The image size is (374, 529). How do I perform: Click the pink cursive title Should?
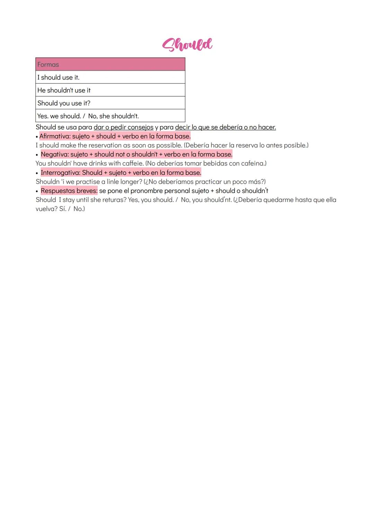coord(187,44)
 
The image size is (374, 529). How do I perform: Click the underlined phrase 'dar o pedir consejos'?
coord(123,127)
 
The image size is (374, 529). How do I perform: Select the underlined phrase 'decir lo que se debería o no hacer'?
coord(225,127)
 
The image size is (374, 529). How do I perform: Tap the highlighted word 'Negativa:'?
coord(55,154)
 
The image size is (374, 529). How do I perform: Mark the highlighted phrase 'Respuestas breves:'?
coord(69,191)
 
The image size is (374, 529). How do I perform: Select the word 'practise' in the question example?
coord(88,182)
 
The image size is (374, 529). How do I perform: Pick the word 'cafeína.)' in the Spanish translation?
coord(254,163)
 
